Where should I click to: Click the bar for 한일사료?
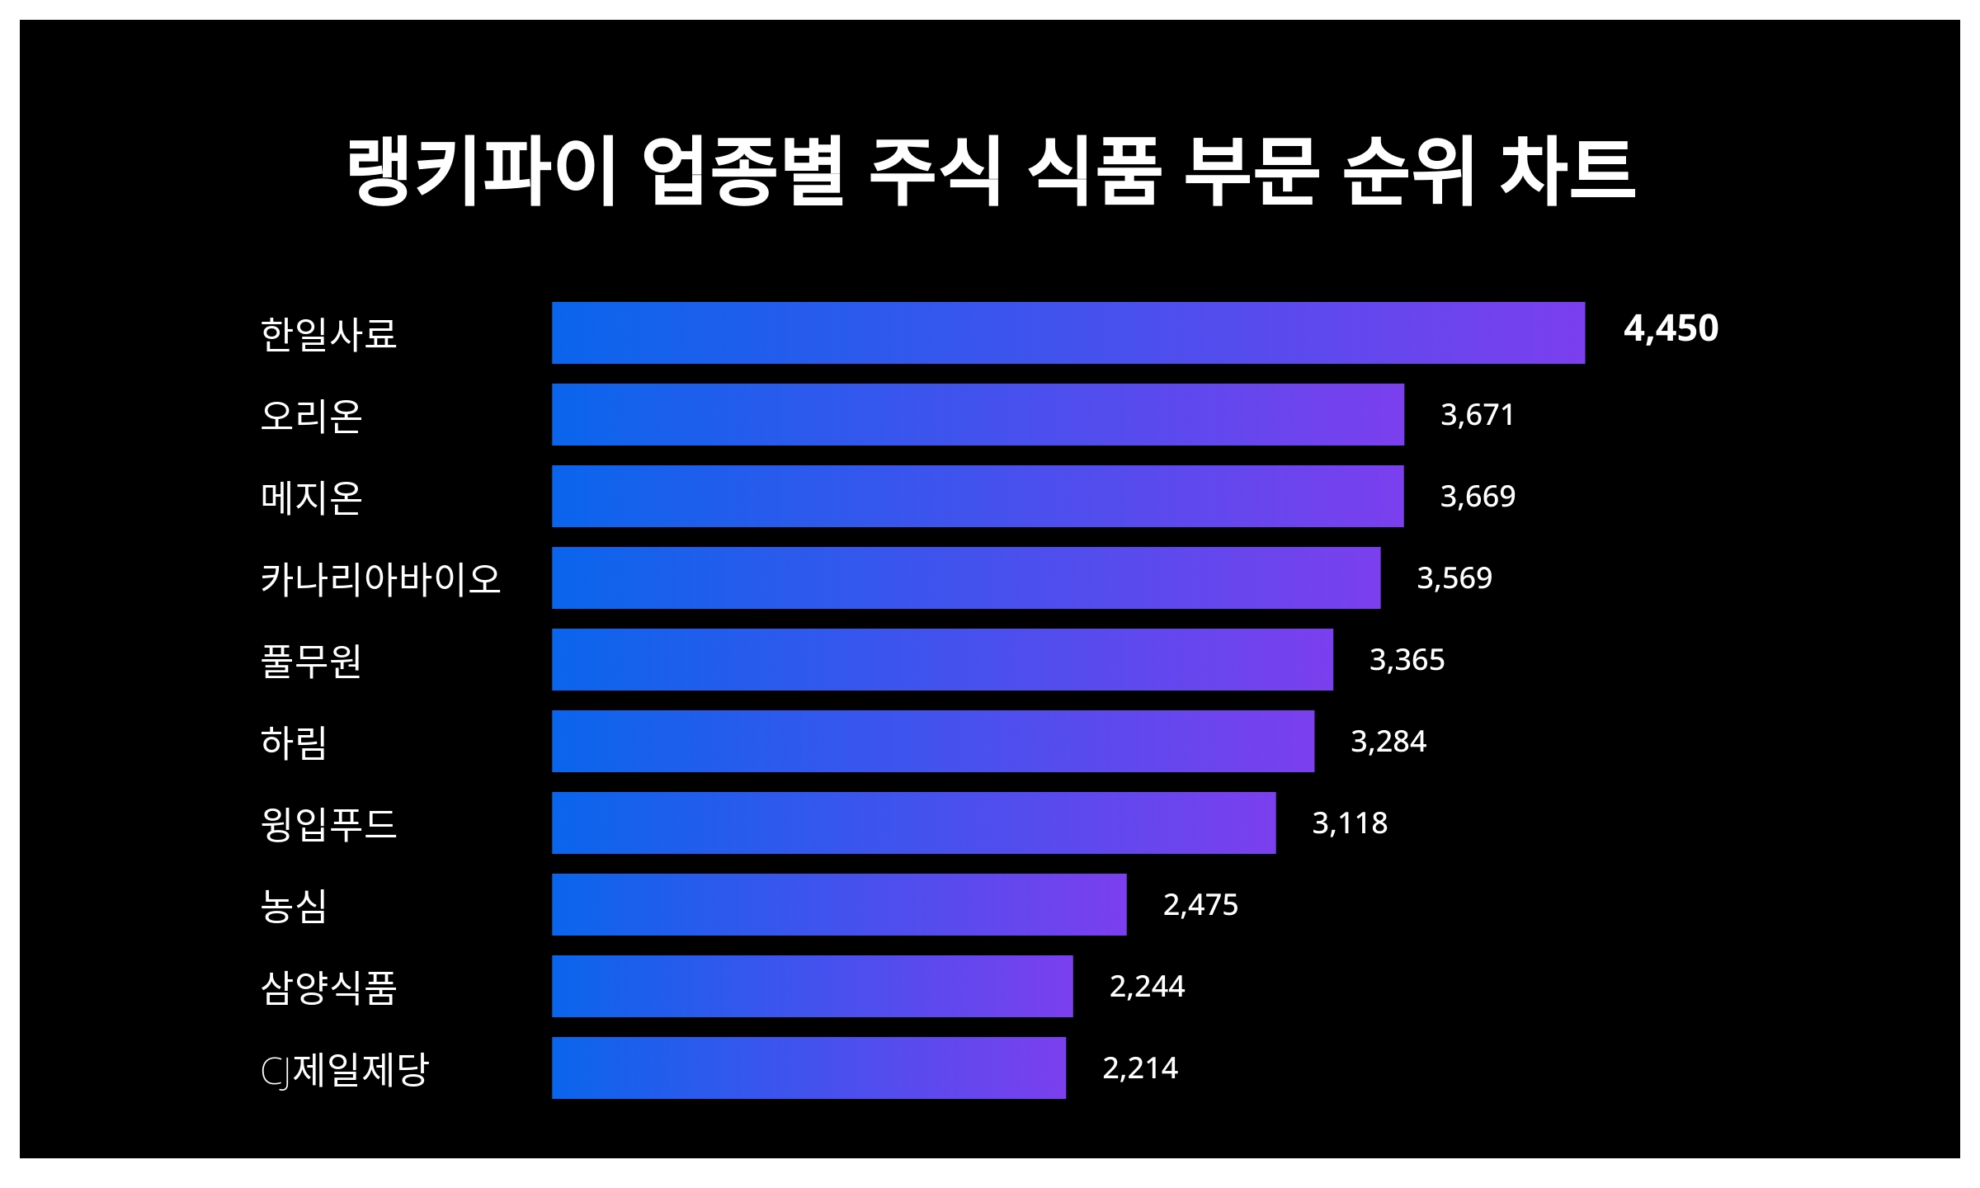(x=1068, y=332)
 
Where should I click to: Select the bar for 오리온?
(x=978, y=414)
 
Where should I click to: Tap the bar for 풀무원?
(x=942, y=659)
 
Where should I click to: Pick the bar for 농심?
(x=839, y=904)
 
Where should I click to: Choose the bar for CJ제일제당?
(x=808, y=1068)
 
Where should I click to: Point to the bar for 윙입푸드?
(x=913, y=823)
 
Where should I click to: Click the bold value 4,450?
(x=1671, y=329)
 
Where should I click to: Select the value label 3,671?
(x=1477, y=414)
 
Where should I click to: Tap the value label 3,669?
(x=1477, y=496)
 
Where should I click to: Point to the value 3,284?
(x=1388, y=741)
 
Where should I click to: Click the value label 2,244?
(x=1147, y=986)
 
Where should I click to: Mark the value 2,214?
(x=1140, y=1068)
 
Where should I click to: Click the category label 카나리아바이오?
(x=380, y=578)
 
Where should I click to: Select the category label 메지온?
(x=312, y=497)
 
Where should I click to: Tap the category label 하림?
(x=295, y=742)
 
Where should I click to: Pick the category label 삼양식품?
(x=329, y=987)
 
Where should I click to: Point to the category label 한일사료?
(x=329, y=333)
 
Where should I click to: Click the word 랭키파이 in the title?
(x=481, y=171)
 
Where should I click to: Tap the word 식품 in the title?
(x=1094, y=171)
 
